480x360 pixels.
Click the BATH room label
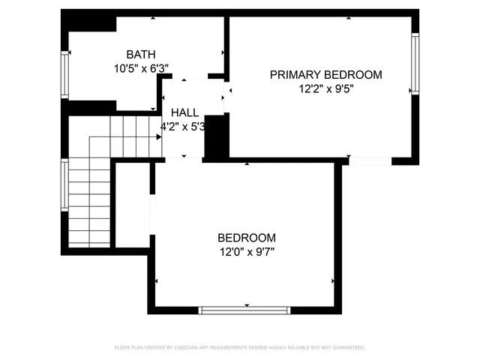tap(140, 54)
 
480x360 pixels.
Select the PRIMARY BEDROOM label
tap(325, 74)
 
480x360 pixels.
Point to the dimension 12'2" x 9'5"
tap(325, 88)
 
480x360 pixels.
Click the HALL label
tap(184, 112)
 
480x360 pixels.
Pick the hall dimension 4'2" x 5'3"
tap(184, 126)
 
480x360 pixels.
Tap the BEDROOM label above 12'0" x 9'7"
tap(247, 238)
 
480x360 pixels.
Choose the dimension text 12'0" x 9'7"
tap(247, 251)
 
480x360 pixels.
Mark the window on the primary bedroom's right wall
tap(414, 63)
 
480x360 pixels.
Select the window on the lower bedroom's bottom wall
tap(244, 310)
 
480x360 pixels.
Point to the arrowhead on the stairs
tap(159, 137)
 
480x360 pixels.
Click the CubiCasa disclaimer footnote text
tap(239, 347)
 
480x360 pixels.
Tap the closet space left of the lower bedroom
tap(132, 202)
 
